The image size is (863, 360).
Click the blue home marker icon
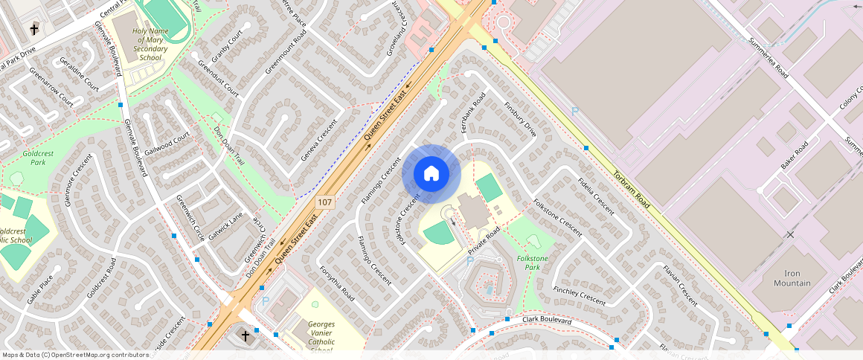431,174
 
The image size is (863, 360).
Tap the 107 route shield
324,202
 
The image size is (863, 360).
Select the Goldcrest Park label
33,157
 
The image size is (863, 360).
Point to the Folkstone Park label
532,262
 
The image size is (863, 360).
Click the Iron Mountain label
791,278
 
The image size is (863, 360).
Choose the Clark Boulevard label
546,320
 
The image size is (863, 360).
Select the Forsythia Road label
336,282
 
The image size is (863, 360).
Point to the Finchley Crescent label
580,295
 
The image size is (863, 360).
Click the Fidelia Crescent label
596,194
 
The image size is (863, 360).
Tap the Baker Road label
794,155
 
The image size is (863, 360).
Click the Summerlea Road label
769,58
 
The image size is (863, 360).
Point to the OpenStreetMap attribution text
75,355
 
